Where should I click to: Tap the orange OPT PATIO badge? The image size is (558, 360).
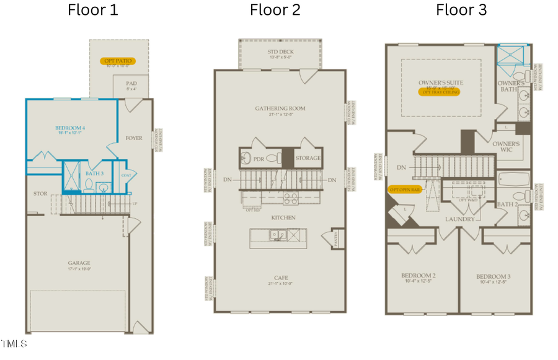coord(117,62)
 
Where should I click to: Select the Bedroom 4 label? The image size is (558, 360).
coord(70,128)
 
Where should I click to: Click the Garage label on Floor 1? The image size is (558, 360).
coord(79,263)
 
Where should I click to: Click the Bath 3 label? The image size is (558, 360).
coord(94,173)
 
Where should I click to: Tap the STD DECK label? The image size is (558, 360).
coord(280,52)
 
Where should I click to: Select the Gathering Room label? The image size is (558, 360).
coord(280,108)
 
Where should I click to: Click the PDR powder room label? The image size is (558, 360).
coord(260,159)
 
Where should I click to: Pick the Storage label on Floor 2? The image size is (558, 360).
coord(308,159)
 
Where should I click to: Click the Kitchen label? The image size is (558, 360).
coord(283,218)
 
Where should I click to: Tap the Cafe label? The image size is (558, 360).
coord(280,278)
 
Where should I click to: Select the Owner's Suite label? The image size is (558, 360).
coord(441,82)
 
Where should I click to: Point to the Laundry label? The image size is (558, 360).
coord(459,219)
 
